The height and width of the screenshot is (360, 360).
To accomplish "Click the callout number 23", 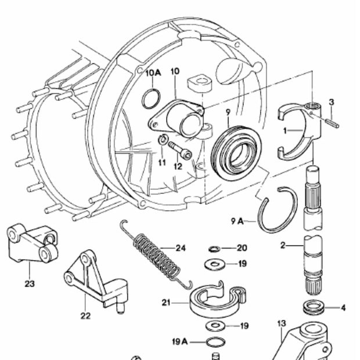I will (30, 283).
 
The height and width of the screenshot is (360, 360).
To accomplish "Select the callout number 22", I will (86, 316).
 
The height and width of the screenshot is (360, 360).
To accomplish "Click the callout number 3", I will (331, 102).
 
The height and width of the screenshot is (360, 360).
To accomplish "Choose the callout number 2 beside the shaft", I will (283, 246).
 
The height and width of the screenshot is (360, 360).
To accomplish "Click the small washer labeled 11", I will (163, 139).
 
